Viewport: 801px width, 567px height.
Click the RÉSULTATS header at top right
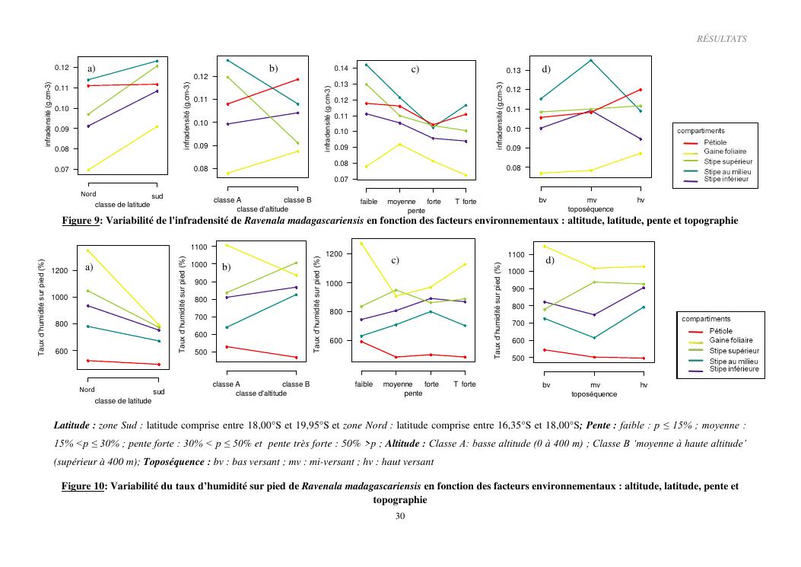721,39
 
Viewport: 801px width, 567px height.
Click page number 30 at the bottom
400,517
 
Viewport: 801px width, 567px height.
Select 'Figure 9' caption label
81,221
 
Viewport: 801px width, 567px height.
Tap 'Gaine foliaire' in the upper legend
725,151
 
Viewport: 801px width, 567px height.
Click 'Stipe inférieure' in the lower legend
735,369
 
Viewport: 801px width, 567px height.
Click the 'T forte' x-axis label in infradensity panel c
466,202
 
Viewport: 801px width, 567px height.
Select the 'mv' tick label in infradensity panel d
592,199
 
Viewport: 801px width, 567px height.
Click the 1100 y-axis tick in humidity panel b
198,247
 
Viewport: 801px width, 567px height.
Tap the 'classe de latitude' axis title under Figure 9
123,205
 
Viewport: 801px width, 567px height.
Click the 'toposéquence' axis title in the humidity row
595,394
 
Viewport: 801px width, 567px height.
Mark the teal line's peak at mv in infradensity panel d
592,60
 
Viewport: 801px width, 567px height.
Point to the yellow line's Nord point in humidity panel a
87,250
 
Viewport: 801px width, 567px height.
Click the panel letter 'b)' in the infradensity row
274,69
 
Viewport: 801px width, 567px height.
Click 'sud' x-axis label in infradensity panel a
157,196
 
